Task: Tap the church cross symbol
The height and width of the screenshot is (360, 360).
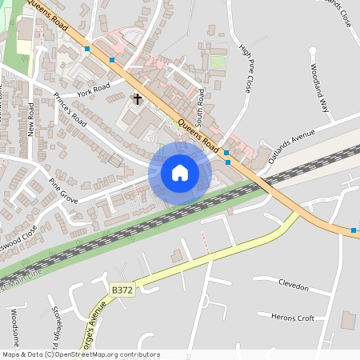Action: (x=137, y=99)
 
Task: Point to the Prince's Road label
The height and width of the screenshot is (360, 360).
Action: (x=70, y=109)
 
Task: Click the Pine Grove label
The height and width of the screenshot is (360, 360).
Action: (x=63, y=191)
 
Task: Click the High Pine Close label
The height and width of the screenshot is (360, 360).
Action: (x=246, y=69)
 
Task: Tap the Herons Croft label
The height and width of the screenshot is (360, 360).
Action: (x=293, y=318)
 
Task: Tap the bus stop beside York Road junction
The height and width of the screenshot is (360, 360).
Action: (x=112, y=60)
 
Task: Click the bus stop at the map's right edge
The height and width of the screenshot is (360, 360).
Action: (x=354, y=231)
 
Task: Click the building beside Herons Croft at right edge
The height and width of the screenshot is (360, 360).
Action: (x=348, y=320)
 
